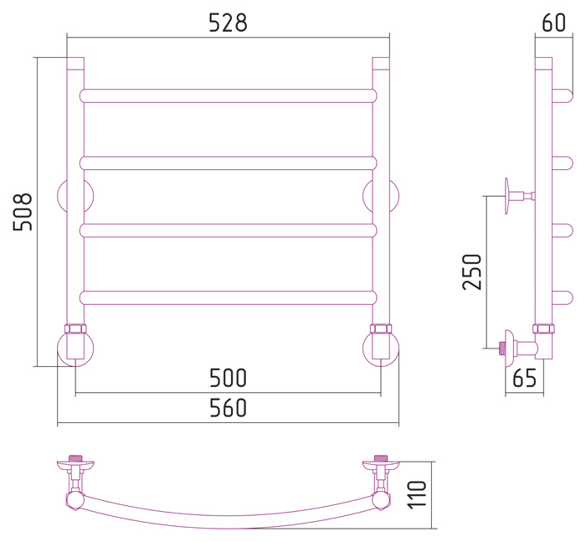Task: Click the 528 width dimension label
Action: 228,23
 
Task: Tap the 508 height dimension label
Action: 23,212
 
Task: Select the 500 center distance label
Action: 228,378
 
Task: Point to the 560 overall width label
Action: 228,408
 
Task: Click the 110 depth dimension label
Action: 417,494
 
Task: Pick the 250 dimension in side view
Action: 471,272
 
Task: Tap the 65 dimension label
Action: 524,378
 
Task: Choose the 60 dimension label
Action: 553,23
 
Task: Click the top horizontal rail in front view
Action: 228,95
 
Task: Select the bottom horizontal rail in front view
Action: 228,297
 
